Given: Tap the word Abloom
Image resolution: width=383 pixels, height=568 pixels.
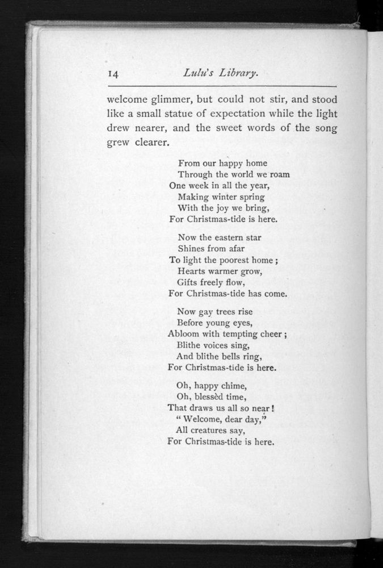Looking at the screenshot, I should (x=186, y=334).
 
